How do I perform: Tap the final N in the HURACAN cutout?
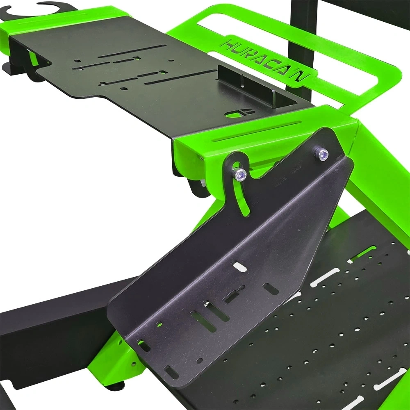(301, 75)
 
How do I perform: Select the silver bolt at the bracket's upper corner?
(322, 154)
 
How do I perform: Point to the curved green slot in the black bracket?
(241, 194)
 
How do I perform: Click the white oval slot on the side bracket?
(239, 267)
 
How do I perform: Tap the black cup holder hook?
(39, 11)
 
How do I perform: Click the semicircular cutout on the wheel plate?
(239, 113)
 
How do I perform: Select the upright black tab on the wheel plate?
(246, 86)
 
